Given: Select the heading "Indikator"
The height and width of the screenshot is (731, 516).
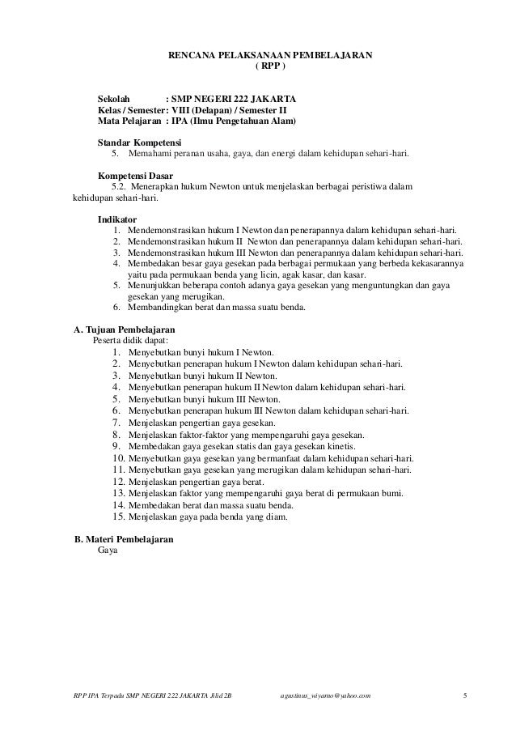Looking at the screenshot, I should pos(117,219).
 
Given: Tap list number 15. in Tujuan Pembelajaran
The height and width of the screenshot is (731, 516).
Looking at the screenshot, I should pos(116,516).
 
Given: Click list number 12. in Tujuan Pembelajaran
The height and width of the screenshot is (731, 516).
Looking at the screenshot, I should pos(116,482).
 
